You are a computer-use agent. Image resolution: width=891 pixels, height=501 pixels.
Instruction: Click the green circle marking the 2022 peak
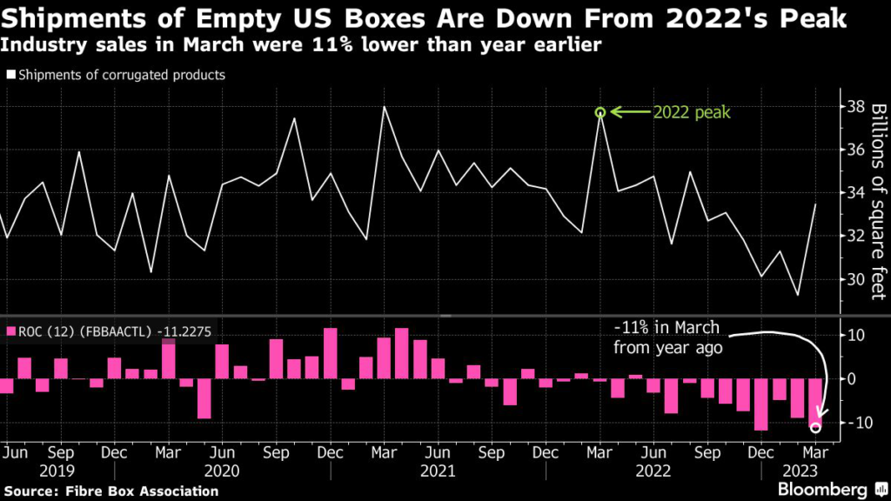pyautogui.click(x=600, y=112)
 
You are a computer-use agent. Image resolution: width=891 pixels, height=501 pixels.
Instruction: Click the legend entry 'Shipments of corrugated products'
pyautogui.click(x=116, y=75)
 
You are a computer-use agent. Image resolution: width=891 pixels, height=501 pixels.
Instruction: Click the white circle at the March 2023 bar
pyautogui.click(x=815, y=427)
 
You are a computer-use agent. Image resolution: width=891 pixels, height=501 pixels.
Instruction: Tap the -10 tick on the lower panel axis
pyautogui.click(x=852, y=423)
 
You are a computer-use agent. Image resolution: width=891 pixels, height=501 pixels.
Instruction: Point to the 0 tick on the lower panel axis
pyautogui.click(x=852, y=379)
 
